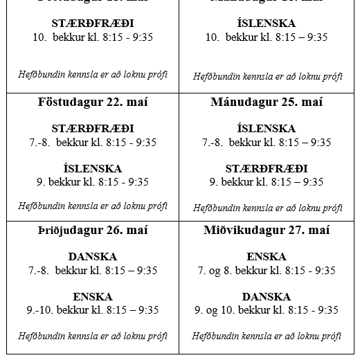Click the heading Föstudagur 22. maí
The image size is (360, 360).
[93, 102]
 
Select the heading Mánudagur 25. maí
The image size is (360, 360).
[267, 102]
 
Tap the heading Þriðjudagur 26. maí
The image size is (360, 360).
[93, 231]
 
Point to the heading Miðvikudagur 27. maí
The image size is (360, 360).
[267, 231]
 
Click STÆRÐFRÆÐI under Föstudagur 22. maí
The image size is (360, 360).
[93, 129]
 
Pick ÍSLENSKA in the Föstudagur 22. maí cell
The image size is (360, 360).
[93, 168]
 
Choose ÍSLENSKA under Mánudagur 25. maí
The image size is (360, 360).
[267, 129]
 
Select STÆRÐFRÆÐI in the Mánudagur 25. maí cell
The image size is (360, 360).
[267, 168]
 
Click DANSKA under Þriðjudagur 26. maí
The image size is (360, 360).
[93, 257]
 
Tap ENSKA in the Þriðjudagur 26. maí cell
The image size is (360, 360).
[93, 296]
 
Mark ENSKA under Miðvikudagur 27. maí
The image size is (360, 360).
[267, 257]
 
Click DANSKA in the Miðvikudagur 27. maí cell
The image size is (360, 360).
[267, 296]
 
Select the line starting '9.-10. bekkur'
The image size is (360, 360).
[93, 310]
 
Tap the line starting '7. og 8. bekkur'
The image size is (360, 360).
[267, 271]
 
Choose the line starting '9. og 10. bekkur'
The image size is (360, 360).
[267, 310]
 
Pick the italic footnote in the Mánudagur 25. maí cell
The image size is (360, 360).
[267, 208]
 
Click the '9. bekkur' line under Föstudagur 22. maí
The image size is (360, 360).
[93, 182]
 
